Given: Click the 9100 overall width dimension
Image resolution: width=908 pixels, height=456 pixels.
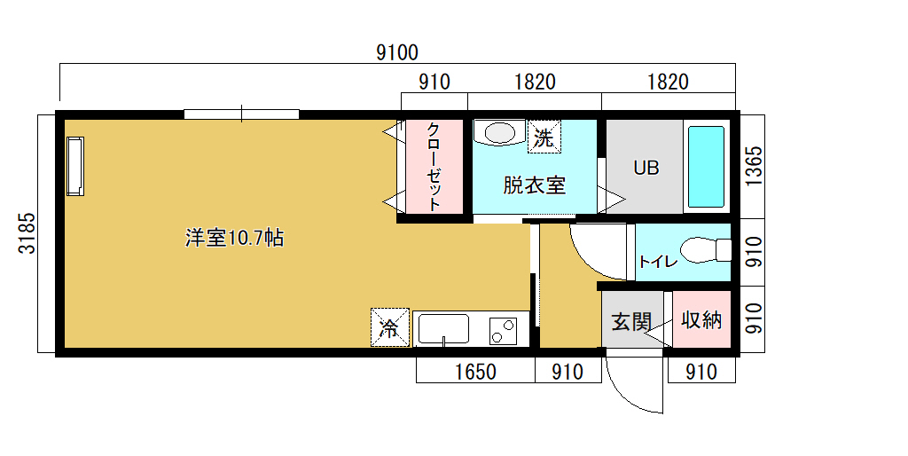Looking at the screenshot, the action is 396,52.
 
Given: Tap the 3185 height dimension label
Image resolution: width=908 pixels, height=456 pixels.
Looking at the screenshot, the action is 27,233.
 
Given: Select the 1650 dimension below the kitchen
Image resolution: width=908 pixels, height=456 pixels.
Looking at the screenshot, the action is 475,372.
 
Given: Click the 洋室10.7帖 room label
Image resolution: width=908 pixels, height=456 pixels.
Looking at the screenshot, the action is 234,238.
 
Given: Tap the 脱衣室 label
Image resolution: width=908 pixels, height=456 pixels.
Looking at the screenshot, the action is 534,185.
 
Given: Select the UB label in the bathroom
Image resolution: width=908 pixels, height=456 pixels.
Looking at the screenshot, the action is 646,168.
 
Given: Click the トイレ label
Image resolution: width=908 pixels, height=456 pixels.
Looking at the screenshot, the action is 658,262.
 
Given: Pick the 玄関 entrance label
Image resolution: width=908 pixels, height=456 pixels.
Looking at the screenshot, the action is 631,321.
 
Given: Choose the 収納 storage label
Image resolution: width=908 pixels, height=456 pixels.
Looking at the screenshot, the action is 701,319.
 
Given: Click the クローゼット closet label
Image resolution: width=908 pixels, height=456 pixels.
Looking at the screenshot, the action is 434,166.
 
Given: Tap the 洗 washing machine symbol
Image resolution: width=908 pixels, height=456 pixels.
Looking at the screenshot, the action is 544,137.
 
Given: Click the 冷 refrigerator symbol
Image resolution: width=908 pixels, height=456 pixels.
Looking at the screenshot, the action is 390,328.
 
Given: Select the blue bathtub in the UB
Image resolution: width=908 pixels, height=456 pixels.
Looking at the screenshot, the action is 706,167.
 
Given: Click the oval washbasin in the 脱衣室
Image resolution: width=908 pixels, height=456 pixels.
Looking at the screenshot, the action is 499,133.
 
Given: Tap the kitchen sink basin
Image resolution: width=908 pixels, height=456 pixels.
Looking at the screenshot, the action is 444,329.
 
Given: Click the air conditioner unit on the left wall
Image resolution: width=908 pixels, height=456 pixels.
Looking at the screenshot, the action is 75,166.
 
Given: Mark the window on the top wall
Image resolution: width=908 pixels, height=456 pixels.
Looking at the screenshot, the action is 241,114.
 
